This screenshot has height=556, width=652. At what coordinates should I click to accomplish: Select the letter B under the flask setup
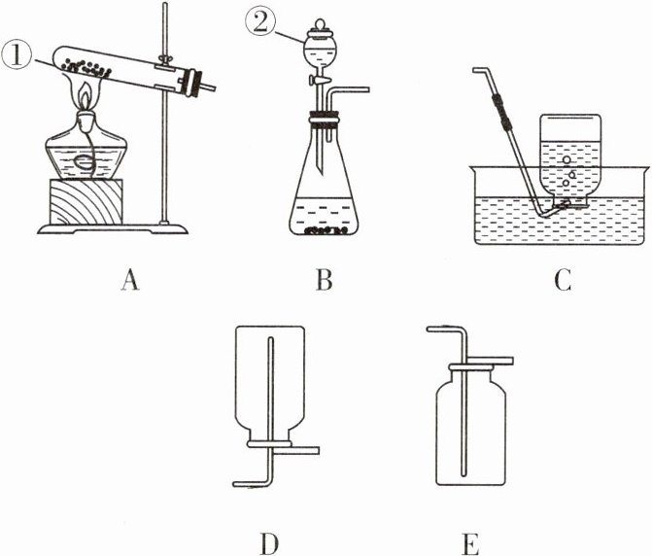point(325,282)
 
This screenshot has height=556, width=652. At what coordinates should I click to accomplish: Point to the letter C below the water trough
point(561,282)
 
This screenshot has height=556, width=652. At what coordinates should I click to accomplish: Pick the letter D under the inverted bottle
point(269,540)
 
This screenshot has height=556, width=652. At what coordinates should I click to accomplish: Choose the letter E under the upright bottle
point(470,540)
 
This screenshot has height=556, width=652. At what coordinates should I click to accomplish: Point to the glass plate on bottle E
point(471,362)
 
